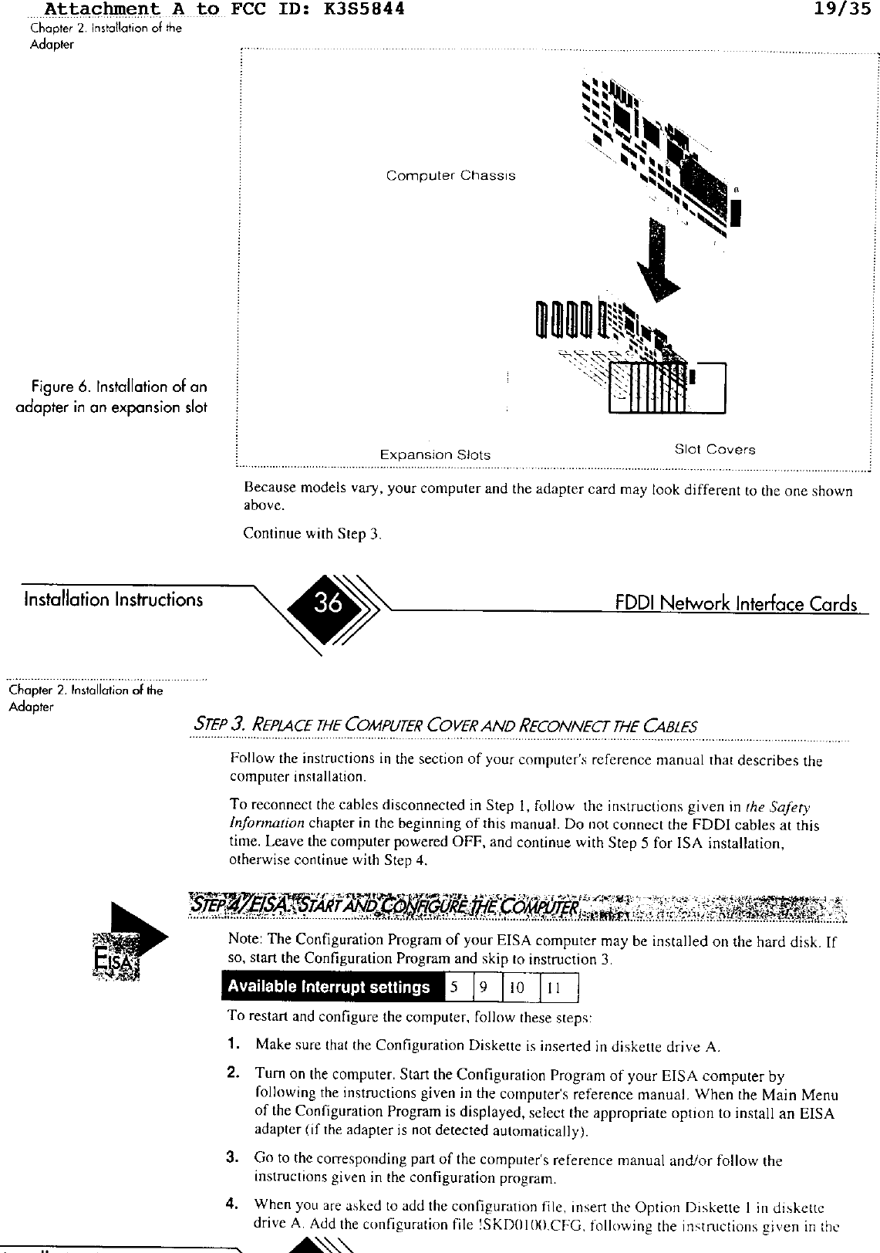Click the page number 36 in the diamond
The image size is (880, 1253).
click(x=329, y=603)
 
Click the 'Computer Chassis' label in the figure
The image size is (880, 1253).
click(x=450, y=176)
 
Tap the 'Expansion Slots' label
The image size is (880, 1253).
click(x=435, y=454)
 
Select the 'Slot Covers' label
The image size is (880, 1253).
click(x=714, y=449)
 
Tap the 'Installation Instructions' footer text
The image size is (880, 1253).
click(x=113, y=599)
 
